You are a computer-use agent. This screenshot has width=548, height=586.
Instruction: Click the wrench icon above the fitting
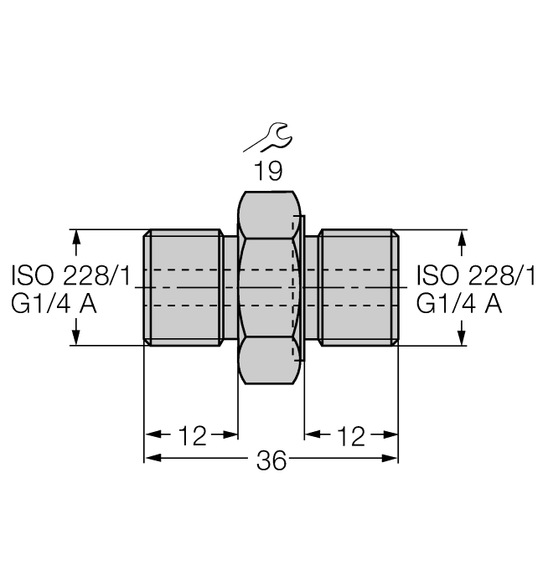pyautogui.click(x=268, y=136)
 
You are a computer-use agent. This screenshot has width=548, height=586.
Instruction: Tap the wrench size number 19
pyautogui.click(x=268, y=172)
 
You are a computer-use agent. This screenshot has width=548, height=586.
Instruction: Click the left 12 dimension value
pyautogui.click(x=192, y=435)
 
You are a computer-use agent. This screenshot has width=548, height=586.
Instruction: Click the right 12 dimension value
pyautogui.click(x=350, y=435)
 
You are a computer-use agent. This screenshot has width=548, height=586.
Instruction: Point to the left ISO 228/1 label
pyautogui.click(x=70, y=275)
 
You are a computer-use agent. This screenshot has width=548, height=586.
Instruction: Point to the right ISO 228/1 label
pyautogui.click(x=475, y=275)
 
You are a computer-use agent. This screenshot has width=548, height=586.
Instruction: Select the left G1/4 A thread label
pyautogui.click(x=54, y=303)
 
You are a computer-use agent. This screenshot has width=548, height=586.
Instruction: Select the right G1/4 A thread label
pyautogui.click(x=459, y=303)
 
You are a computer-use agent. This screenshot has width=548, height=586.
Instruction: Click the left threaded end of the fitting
pyautogui.click(x=183, y=287)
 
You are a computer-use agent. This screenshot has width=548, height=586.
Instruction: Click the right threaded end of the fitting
pyautogui.click(x=359, y=287)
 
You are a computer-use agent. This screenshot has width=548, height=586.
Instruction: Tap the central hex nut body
pyautogui.click(x=270, y=287)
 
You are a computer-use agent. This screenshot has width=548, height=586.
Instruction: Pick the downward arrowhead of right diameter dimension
pyautogui.click(x=460, y=337)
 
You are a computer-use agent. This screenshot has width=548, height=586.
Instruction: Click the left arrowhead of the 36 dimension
pyautogui.click(x=152, y=459)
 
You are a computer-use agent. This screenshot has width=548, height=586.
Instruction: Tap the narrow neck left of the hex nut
pyautogui.click(x=230, y=287)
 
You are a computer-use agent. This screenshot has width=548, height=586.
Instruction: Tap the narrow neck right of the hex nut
pyautogui.click(x=311, y=287)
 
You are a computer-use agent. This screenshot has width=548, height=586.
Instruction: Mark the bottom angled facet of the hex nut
pyautogui.click(x=270, y=360)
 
